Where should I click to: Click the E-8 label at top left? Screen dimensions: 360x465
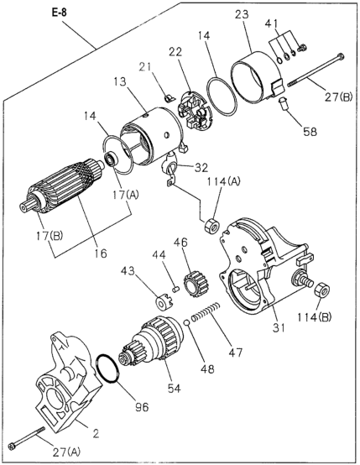coord(59,14)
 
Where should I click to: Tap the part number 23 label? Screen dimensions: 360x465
coord(243,14)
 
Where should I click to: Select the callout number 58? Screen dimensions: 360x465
coord(309,132)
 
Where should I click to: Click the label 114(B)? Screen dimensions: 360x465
coord(315,316)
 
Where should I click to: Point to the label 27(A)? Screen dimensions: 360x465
coord(66,452)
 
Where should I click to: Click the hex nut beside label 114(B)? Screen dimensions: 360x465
coord(321,290)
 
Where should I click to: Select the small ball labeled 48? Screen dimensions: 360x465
coord(186,322)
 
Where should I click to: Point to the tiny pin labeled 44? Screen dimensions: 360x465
coord(175,288)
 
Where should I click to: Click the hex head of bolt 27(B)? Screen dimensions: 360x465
coord(342,56)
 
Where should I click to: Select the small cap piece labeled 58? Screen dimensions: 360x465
coord(284,105)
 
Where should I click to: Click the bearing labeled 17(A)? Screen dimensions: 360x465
coord(112,159)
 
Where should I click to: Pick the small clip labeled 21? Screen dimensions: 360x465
coord(168,97)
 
